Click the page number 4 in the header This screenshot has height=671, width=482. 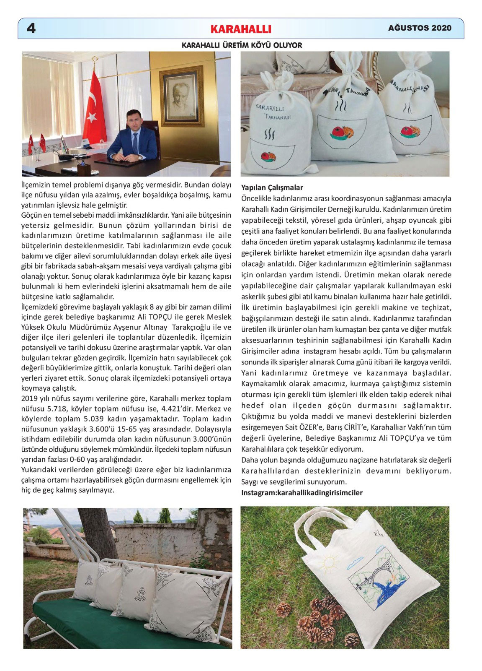(31, 29)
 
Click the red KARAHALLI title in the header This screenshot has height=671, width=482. (241, 29)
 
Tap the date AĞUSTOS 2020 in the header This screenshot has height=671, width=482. (420, 28)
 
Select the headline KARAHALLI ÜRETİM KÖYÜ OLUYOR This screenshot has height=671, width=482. (242, 45)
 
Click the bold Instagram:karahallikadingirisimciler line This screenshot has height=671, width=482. (302, 493)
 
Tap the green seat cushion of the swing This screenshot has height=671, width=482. (105, 625)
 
